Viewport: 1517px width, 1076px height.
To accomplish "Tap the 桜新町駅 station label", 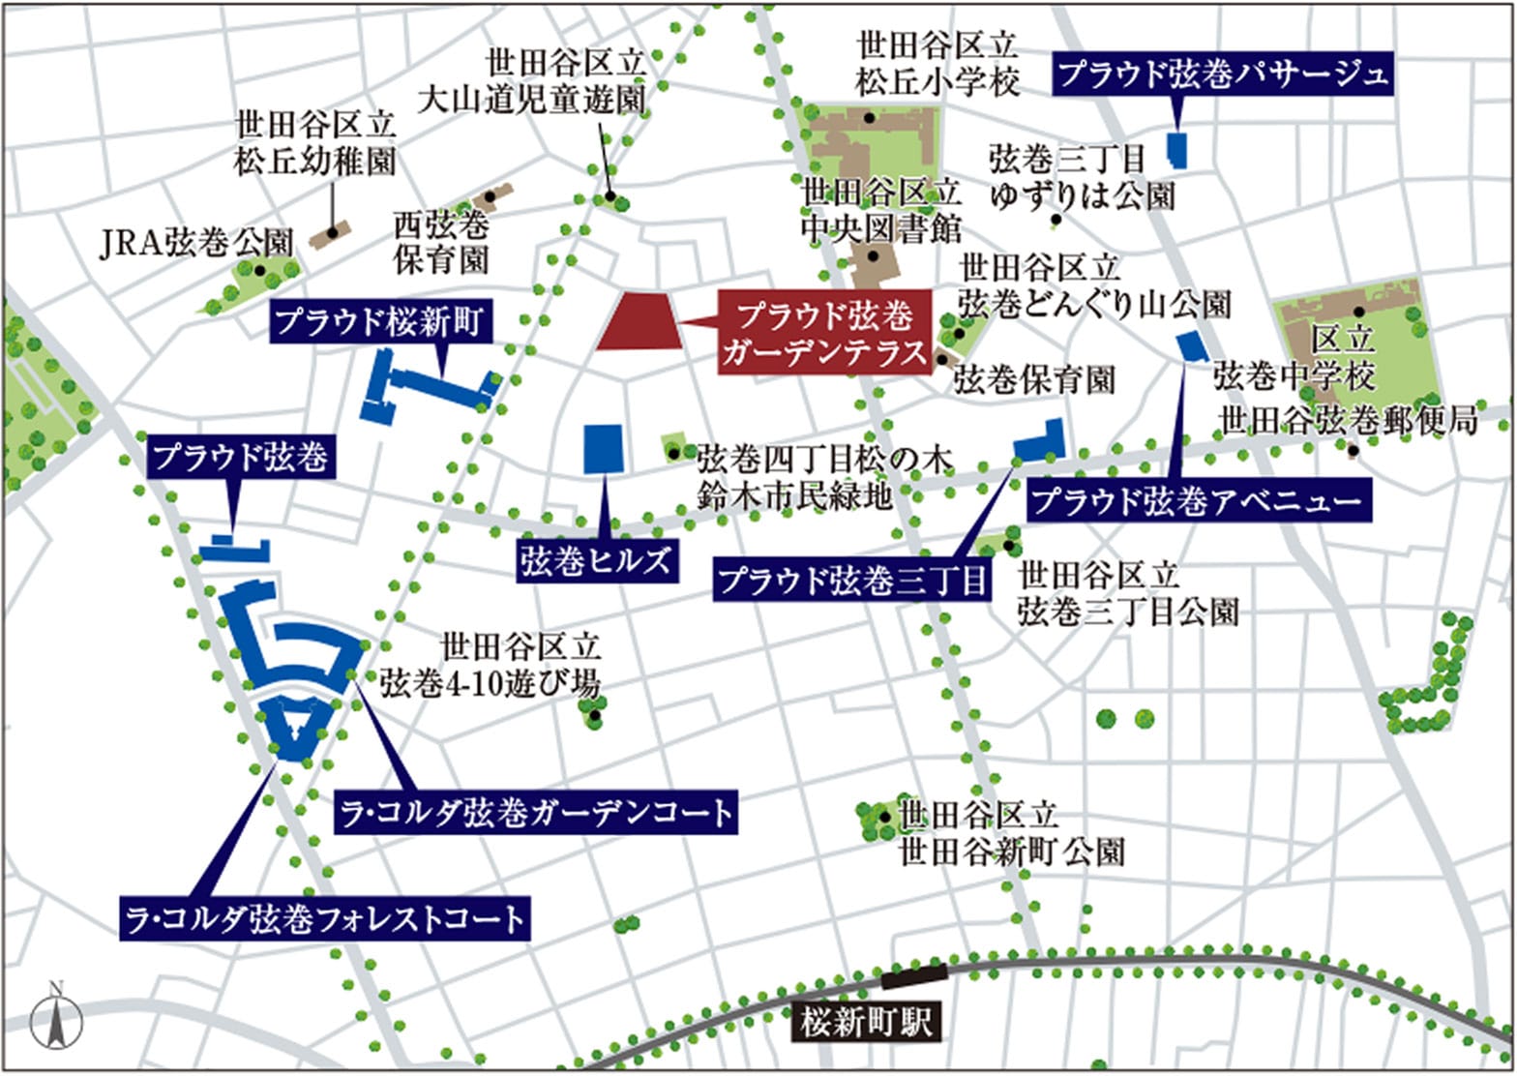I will point(867,1022).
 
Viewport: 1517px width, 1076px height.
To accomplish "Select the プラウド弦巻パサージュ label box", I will point(1223,75).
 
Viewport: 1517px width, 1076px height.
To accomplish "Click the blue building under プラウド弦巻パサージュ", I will point(1177,151).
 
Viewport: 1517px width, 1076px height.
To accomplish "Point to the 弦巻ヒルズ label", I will point(595,561).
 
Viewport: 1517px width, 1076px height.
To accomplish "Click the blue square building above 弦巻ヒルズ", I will point(604,449).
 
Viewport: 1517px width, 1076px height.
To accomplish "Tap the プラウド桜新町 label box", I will point(382,321).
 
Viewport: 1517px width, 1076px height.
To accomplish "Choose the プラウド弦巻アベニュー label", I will point(1199,501).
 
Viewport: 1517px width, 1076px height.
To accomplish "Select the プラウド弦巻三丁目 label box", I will point(851,581).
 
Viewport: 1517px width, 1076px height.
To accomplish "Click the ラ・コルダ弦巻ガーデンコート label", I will point(535,812).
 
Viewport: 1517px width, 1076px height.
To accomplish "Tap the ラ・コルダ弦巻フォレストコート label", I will point(325,918).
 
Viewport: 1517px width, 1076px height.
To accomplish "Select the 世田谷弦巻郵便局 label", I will point(1348,421).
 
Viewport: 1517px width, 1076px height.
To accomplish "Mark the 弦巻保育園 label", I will point(1034,379).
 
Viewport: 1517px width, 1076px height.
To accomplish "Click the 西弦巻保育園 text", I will point(441,243).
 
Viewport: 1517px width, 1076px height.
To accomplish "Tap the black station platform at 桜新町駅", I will point(913,973).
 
